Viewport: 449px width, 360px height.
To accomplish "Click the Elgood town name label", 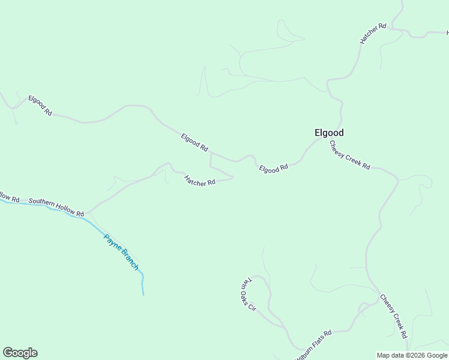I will coord(329,133).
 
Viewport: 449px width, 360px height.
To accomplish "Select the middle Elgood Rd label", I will coord(194,142).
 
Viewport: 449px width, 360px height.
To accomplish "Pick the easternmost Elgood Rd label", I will coord(274,169).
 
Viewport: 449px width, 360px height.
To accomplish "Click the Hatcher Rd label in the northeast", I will coord(372,34).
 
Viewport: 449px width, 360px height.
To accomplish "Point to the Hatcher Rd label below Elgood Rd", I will coord(199,180).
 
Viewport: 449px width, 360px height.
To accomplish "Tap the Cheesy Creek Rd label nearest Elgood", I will coord(349,155).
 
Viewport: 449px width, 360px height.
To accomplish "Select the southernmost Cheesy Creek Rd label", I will coord(394,316).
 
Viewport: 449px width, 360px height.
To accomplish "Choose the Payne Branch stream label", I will coord(121,251).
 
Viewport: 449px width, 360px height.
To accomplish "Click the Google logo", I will coord(20,353).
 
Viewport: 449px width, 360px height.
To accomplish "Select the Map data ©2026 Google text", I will coord(412,355).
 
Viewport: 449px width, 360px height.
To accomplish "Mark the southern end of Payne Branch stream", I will coord(143,294).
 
